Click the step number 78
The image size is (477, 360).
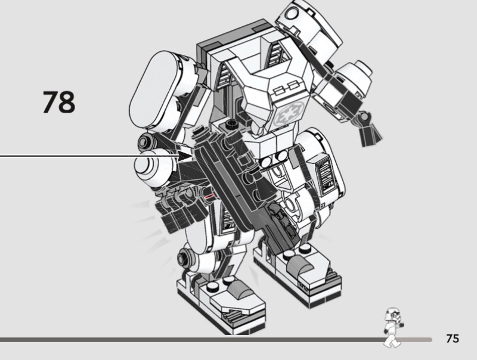(59, 102)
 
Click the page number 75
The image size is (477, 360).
(453, 339)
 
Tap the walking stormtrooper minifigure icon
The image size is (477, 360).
(394, 327)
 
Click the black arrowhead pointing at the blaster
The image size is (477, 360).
(185, 156)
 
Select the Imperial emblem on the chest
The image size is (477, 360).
(288, 114)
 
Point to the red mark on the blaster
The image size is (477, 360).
(208, 197)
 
